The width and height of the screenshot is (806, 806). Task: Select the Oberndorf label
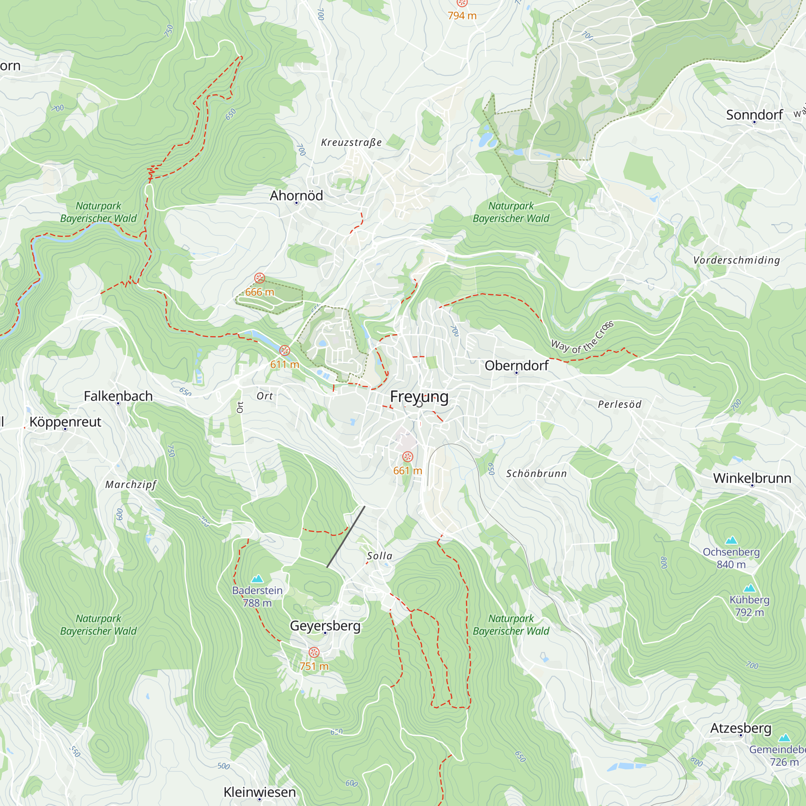coord(517,366)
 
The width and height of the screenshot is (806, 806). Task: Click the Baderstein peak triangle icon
coord(258,579)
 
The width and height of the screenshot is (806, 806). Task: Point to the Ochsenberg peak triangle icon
coord(731,541)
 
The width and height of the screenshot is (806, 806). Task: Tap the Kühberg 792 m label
coord(749,606)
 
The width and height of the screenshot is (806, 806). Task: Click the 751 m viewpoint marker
coord(314,652)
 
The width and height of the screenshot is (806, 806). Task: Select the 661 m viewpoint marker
coord(407,457)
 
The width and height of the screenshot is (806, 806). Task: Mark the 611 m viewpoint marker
coord(285,351)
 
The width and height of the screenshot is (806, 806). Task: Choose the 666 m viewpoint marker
coord(260,278)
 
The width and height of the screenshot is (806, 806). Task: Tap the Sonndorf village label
coord(754,115)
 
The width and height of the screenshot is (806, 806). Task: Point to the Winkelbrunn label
coord(752,478)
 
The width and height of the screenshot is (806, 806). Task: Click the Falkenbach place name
coord(118,396)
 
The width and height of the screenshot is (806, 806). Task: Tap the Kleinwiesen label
coord(260,792)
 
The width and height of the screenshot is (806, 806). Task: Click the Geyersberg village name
coord(325,625)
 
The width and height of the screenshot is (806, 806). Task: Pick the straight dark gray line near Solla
coord(346,537)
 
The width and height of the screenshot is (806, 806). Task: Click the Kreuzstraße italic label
coord(351,142)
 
